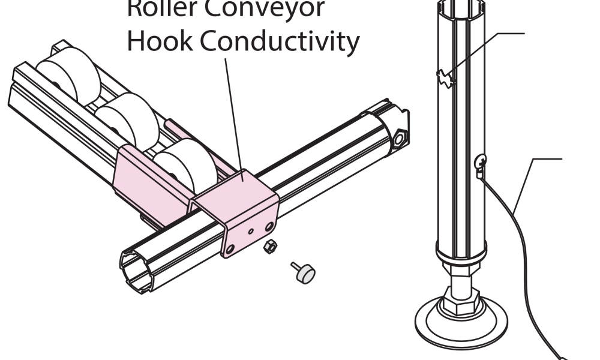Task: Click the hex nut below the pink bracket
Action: pos(271,245)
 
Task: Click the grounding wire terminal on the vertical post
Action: pos(481,163)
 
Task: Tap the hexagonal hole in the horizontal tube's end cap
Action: pos(398,137)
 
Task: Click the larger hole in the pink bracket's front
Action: pos(269,225)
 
